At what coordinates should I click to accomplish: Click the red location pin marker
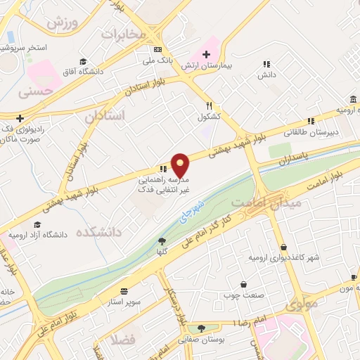(181, 166)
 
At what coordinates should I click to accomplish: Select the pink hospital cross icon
(206, 54)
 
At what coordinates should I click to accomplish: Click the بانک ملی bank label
(157, 60)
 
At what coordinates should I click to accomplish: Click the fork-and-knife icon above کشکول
(209, 104)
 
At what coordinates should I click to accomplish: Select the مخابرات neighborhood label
(124, 34)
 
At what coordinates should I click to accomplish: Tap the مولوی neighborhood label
(302, 304)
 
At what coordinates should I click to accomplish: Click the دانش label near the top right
(265, 73)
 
